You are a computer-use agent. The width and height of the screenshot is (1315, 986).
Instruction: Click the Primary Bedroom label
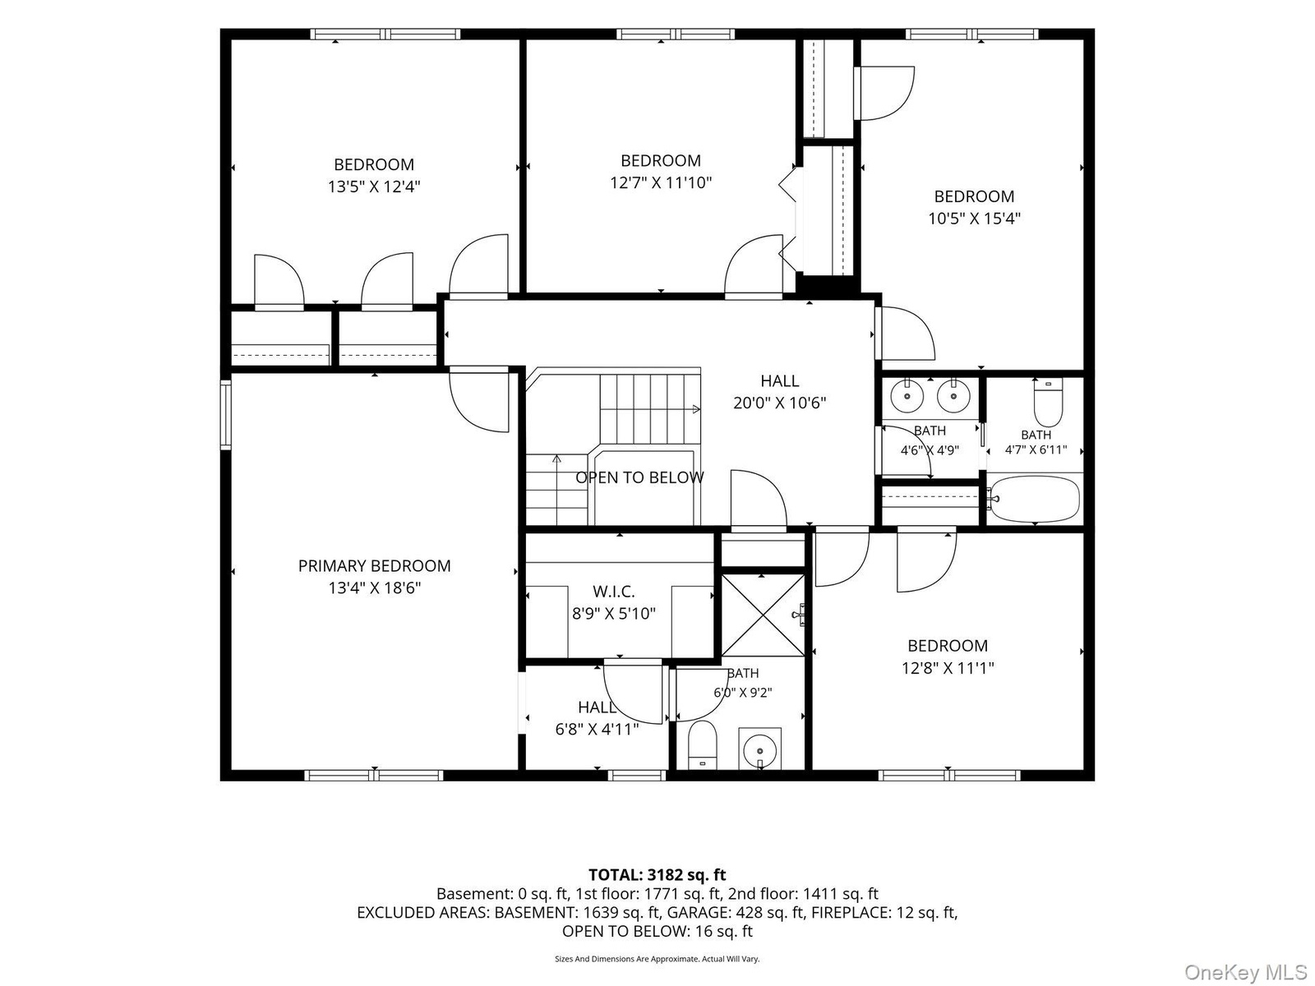(x=374, y=566)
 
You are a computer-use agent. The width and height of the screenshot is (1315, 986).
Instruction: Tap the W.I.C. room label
(x=613, y=592)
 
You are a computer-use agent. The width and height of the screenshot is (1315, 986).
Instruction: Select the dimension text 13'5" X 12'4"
(x=374, y=187)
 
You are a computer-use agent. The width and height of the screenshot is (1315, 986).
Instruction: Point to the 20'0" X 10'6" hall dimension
(x=779, y=403)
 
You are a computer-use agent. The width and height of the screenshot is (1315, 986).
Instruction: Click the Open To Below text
(x=639, y=477)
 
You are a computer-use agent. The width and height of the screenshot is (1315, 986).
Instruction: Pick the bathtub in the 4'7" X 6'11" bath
(x=1034, y=499)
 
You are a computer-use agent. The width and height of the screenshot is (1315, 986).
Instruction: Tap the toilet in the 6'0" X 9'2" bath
(x=702, y=744)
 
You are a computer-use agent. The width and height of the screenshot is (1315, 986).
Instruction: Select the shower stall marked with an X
(x=763, y=615)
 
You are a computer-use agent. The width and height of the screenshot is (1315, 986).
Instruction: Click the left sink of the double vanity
(x=907, y=396)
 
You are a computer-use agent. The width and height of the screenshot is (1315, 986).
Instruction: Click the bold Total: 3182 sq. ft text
(x=657, y=874)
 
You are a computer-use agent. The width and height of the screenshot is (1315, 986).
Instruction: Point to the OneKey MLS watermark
(x=1245, y=971)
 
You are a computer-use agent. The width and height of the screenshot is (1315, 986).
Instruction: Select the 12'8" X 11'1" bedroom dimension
(x=948, y=667)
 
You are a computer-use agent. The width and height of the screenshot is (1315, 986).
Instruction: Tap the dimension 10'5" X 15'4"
(x=974, y=218)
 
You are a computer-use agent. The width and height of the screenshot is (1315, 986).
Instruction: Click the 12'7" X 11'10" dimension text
(x=661, y=182)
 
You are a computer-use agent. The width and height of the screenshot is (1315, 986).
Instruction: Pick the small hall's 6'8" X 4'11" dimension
(x=597, y=729)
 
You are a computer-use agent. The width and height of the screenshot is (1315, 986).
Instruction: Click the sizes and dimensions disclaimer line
(x=657, y=958)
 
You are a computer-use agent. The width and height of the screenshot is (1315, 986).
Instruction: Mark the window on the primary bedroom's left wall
(x=225, y=415)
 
